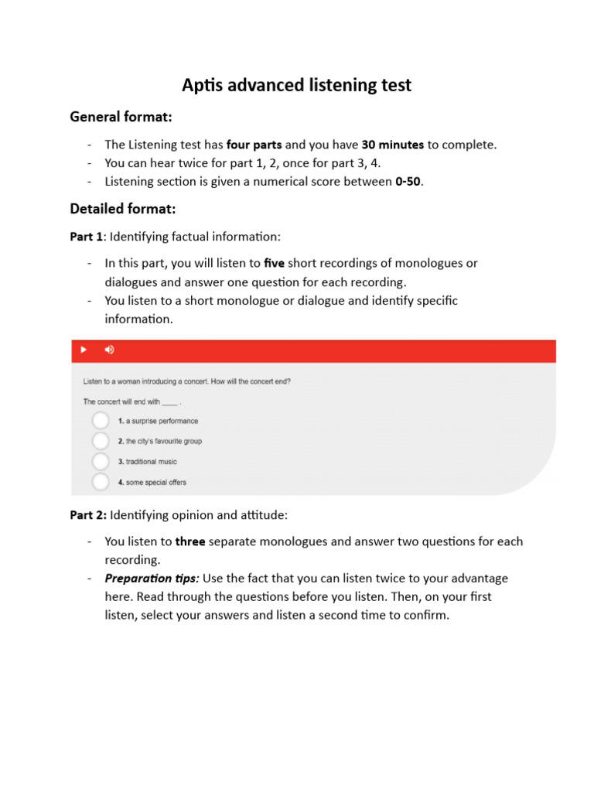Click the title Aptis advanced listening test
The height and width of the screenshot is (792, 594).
click(x=296, y=85)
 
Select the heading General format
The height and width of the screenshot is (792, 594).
click(x=121, y=117)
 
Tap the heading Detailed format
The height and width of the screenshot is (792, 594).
click(x=123, y=209)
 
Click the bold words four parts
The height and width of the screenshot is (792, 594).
click(x=254, y=145)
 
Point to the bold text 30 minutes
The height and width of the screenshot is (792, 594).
click(x=392, y=145)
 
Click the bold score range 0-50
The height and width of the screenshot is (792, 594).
click(x=408, y=182)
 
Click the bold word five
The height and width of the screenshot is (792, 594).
click(x=275, y=263)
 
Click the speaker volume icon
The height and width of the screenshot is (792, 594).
click(x=109, y=350)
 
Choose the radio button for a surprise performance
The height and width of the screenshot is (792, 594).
click(x=101, y=421)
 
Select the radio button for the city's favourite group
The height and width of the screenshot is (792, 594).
click(x=101, y=441)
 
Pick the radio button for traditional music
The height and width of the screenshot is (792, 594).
click(x=101, y=462)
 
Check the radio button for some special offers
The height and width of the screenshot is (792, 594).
click(x=101, y=482)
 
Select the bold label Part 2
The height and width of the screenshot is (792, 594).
click(x=88, y=514)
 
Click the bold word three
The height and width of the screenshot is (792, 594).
click(x=190, y=541)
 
